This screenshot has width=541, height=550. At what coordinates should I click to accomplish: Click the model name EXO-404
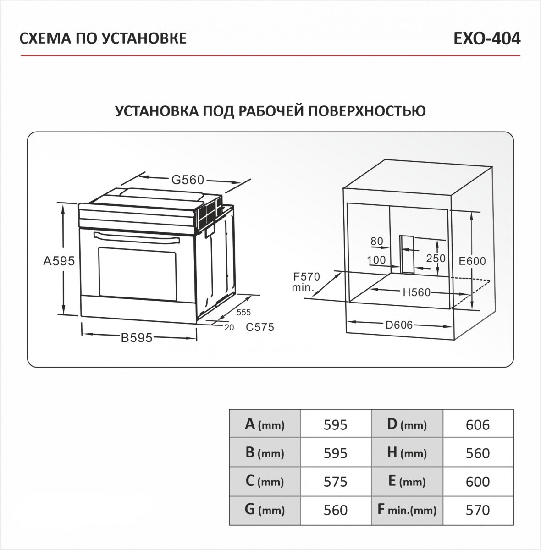(486, 38)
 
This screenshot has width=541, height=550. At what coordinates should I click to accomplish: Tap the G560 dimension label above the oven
(188, 180)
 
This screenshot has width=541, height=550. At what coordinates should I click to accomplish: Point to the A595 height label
(59, 261)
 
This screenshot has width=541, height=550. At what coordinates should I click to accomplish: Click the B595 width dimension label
(136, 338)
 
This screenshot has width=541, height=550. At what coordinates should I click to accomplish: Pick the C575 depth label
(259, 327)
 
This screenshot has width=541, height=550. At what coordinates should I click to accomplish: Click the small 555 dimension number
(243, 313)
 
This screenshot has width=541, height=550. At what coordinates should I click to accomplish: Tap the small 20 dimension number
(229, 327)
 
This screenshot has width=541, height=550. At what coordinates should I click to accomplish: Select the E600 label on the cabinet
(472, 261)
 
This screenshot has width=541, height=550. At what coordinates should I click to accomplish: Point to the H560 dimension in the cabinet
(417, 292)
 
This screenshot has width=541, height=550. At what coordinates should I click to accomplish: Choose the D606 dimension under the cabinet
(399, 325)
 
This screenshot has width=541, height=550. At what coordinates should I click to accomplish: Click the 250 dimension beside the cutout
(436, 258)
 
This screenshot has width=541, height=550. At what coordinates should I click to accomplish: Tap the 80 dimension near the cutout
(376, 241)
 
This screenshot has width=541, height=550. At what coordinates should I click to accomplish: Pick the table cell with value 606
(478, 424)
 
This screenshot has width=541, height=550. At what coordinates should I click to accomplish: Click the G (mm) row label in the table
(265, 510)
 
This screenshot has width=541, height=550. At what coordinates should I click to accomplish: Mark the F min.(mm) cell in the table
(407, 510)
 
